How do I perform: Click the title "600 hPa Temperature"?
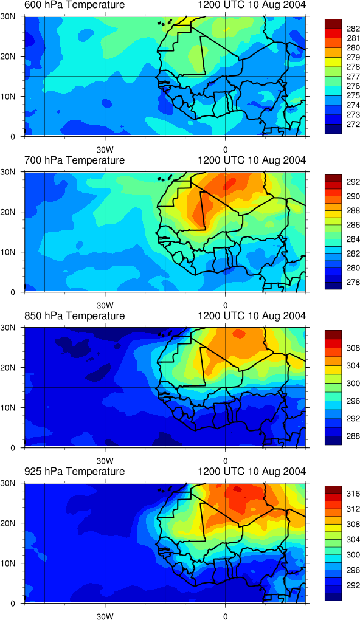tap(75, 5)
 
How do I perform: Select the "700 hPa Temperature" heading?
tap(75, 160)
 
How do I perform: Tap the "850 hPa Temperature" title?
tap(75, 316)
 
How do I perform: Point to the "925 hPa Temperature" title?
tap(75, 471)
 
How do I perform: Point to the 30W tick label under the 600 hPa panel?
tap(105, 150)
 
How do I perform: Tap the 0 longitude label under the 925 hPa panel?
tap(225, 616)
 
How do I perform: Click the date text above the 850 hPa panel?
tap(251, 316)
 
